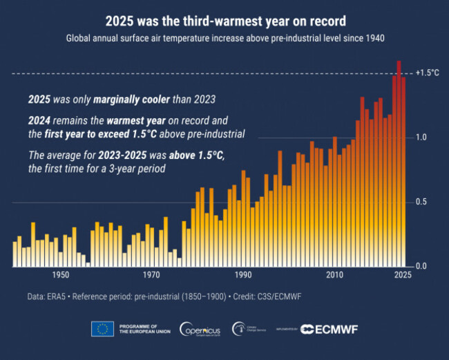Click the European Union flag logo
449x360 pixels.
click(102, 329)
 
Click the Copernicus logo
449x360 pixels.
click(200, 329)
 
